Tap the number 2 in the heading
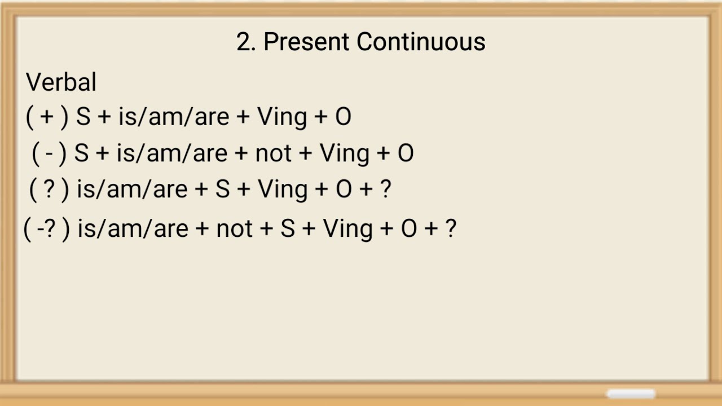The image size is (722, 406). coord(243,42)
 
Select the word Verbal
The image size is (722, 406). coord(61,82)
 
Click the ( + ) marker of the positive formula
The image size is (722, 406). coord(47,117)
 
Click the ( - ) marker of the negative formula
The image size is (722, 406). coord(49,153)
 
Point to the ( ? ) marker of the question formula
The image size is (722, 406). coord(49,190)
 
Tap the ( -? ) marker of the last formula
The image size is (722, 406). coord(46,229)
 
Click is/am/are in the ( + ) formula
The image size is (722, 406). coord(173,117)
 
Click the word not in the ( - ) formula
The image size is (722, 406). coord(273,153)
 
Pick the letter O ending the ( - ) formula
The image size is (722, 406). coord(406,153)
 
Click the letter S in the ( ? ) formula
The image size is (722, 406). coord(222,190)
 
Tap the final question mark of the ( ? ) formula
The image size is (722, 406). coord(385,190)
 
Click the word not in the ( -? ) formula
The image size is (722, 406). coord(234,229)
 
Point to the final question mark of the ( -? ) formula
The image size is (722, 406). coord(450,229)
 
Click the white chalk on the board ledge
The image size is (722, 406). coord(631,394)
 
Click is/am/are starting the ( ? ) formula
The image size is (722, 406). coord(132,190)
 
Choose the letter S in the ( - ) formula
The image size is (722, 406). coord(82,153)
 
